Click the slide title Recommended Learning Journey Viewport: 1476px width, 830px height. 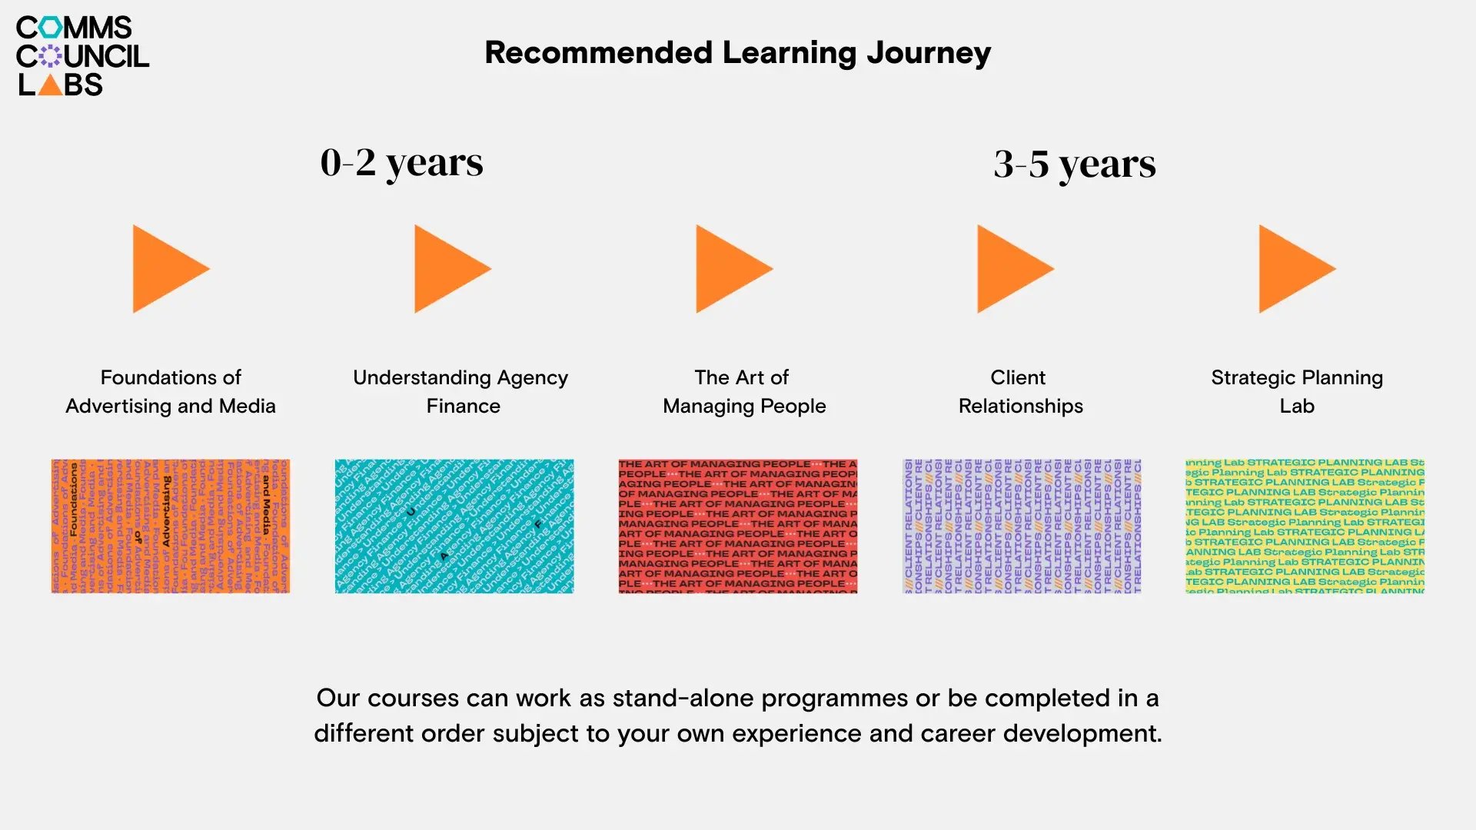tap(737, 53)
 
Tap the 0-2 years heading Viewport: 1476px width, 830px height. tap(401, 163)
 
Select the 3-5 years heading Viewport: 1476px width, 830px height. tap(1074, 164)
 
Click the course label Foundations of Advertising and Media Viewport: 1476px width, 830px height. tap(171, 392)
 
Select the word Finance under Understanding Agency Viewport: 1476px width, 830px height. tap(463, 407)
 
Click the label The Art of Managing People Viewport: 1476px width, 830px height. tap(743, 392)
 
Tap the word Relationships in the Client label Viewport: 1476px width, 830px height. tap(1020, 407)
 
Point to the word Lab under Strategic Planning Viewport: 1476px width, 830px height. tap(1297, 407)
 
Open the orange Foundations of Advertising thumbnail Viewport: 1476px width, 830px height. tap(171, 526)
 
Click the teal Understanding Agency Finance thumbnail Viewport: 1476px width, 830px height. tap(454, 526)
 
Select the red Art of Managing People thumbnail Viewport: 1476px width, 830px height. tap(738, 526)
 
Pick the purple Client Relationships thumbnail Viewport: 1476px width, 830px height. tap(1022, 526)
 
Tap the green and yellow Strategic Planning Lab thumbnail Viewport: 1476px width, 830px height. tap(1305, 526)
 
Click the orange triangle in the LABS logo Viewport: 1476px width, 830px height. tap(50, 86)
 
